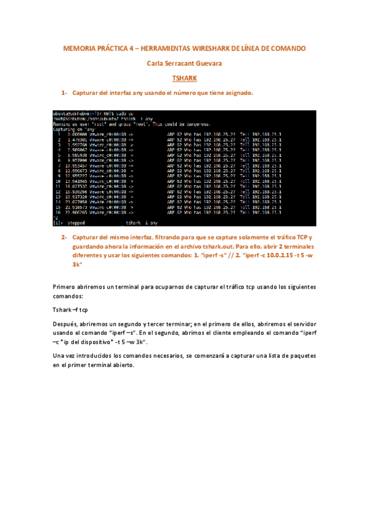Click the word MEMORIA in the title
tap(80, 48)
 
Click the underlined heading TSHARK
tap(184, 79)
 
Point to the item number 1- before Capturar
tap(63, 93)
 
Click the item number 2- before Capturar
tap(63, 238)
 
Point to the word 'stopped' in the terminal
tap(79, 222)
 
